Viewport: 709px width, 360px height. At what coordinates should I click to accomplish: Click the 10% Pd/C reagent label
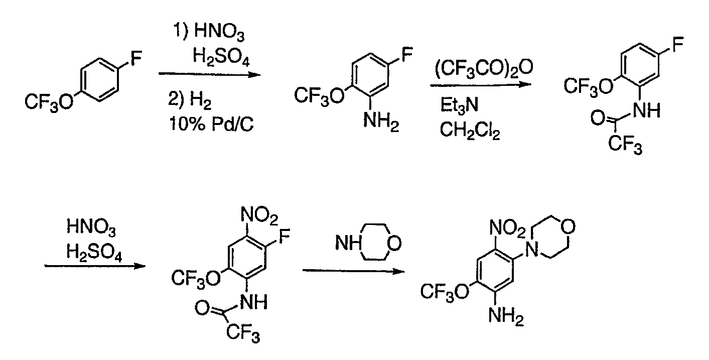coord(211,124)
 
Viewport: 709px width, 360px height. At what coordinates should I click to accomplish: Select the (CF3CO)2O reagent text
coord(484,68)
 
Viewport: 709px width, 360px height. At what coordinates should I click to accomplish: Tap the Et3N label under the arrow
coord(459,105)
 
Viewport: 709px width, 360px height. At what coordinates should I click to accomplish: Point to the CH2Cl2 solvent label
coord(470,130)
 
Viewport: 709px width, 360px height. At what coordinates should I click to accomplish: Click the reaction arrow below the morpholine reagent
coord(354,271)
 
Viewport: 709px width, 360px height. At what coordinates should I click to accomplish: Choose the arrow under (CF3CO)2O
coord(481,85)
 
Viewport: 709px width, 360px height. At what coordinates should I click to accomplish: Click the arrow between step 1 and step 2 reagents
coord(209,74)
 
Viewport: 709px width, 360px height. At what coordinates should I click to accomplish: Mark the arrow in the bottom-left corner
coord(95,266)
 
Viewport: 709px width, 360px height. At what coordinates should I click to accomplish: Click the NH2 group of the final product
coord(506,317)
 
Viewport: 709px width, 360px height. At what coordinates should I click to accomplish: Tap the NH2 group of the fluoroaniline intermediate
coord(381,122)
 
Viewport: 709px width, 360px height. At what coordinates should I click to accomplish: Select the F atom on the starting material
coord(136,59)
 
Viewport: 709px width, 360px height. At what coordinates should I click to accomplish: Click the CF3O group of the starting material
coord(49,102)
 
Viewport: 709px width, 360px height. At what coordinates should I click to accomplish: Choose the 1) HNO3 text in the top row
coord(209,32)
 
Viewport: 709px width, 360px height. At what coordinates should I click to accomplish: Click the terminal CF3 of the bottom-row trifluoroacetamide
coord(243,333)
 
